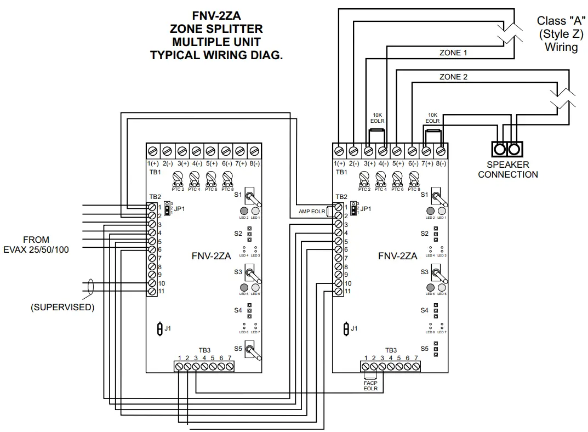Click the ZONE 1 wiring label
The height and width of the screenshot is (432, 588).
coord(453,53)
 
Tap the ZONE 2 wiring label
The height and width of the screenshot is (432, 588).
coord(453,77)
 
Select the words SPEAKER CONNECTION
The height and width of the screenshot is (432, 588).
coord(507,169)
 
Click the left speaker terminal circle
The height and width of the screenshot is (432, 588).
coord(500,149)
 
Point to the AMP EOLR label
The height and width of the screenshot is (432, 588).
coord(311,212)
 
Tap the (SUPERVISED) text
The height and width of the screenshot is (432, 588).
coord(62,307)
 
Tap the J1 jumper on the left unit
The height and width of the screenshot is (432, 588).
coord(159,328)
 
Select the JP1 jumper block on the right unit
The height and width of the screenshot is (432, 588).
coord(353,208)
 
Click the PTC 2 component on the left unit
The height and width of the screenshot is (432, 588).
coord(178,177)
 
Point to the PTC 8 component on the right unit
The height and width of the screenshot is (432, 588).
coord(414,177)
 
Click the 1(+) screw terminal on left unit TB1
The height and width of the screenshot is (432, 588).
coord(153,150)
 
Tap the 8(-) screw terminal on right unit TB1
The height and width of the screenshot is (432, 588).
coord(441,150)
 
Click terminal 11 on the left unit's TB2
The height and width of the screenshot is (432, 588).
coord(152,291)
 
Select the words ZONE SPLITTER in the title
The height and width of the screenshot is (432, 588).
coord(216,29)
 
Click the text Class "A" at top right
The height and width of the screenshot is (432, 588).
coord(561,21)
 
